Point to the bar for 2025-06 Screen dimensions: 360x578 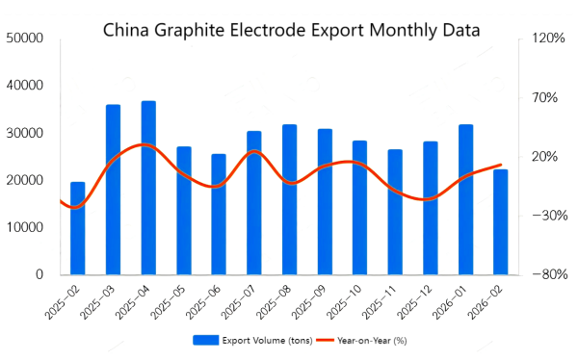[x=219, y=214]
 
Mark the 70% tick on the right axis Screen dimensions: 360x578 [x=547, y=97]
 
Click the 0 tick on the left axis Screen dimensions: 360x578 [x=39, y=274]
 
